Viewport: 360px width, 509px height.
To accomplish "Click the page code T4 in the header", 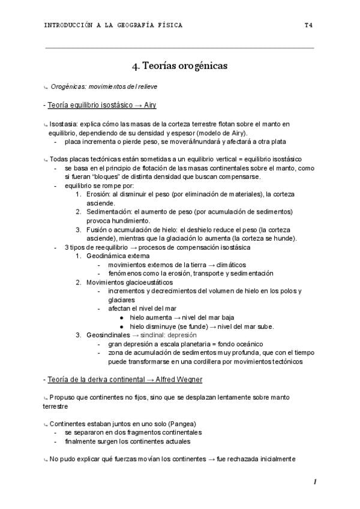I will click(308, 25).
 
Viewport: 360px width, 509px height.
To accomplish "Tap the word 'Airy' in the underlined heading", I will click(149, 104).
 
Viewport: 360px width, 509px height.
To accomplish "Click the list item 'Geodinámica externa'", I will click(118, 256).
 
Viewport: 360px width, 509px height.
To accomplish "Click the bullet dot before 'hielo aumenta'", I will click(122, 318).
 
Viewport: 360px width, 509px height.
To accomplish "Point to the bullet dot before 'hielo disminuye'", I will click(122, 327).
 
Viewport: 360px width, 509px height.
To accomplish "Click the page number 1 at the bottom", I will click(314, 482).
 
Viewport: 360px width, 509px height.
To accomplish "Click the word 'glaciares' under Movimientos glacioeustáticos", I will click(121, 300).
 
